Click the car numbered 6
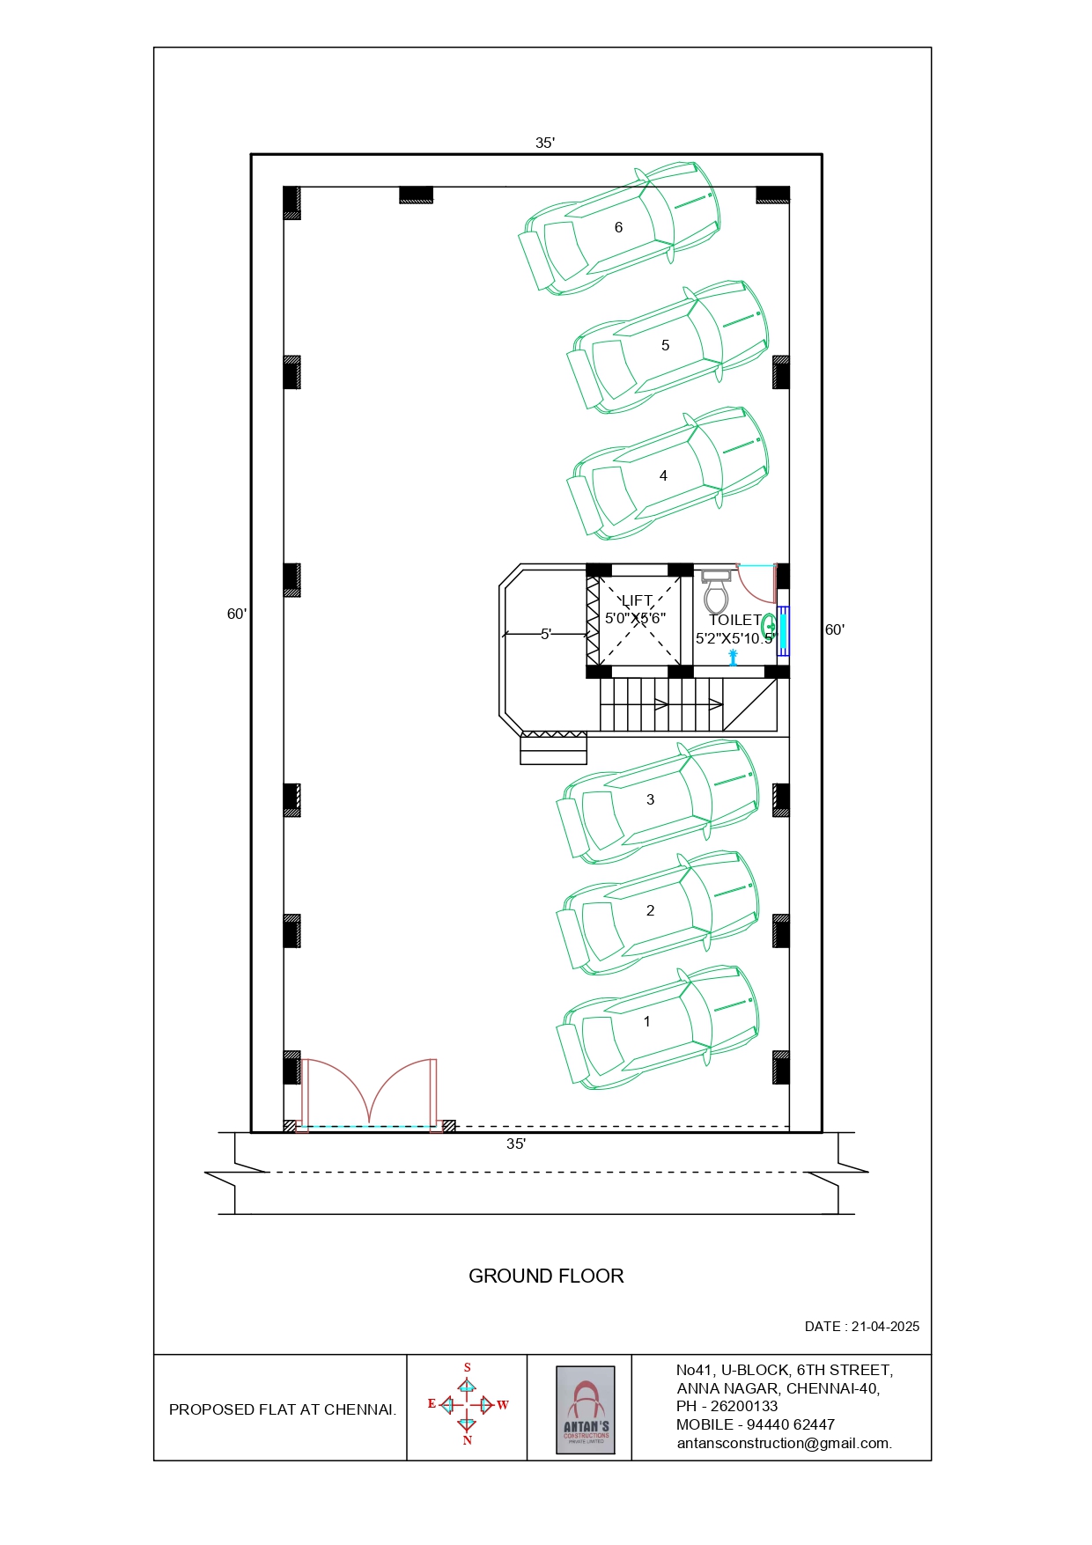pos(620,227)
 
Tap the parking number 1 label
pos(647,1021)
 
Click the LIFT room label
pos(637,601)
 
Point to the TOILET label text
pos(734,621)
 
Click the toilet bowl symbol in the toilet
pos(716,594)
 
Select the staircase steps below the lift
pos(660,704)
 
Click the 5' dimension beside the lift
pos(546,634)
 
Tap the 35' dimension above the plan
pos(545,143)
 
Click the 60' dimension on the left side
pos(237,614)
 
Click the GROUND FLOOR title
pos(546,1276)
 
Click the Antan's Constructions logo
pos(586,1409)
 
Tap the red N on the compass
pos(467,1440)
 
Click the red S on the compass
pos(467,1367)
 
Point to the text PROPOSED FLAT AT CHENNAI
pos(282,1409)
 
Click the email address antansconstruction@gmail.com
pos(784,1443)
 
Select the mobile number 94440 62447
pos(787,1424)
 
